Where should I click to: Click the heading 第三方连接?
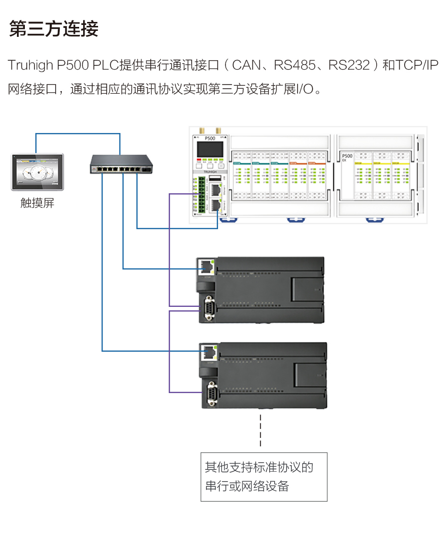pos(54,28)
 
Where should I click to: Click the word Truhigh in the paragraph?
pos(30,65)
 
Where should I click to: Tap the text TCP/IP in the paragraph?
pos(417,65)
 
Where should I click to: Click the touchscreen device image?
pos(37,172)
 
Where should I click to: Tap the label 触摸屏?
pos(37,203)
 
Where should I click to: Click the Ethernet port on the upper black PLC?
pos(206,268)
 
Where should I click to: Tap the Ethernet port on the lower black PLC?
pos(206,352)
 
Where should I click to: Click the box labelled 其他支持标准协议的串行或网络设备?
pos(264,477)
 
